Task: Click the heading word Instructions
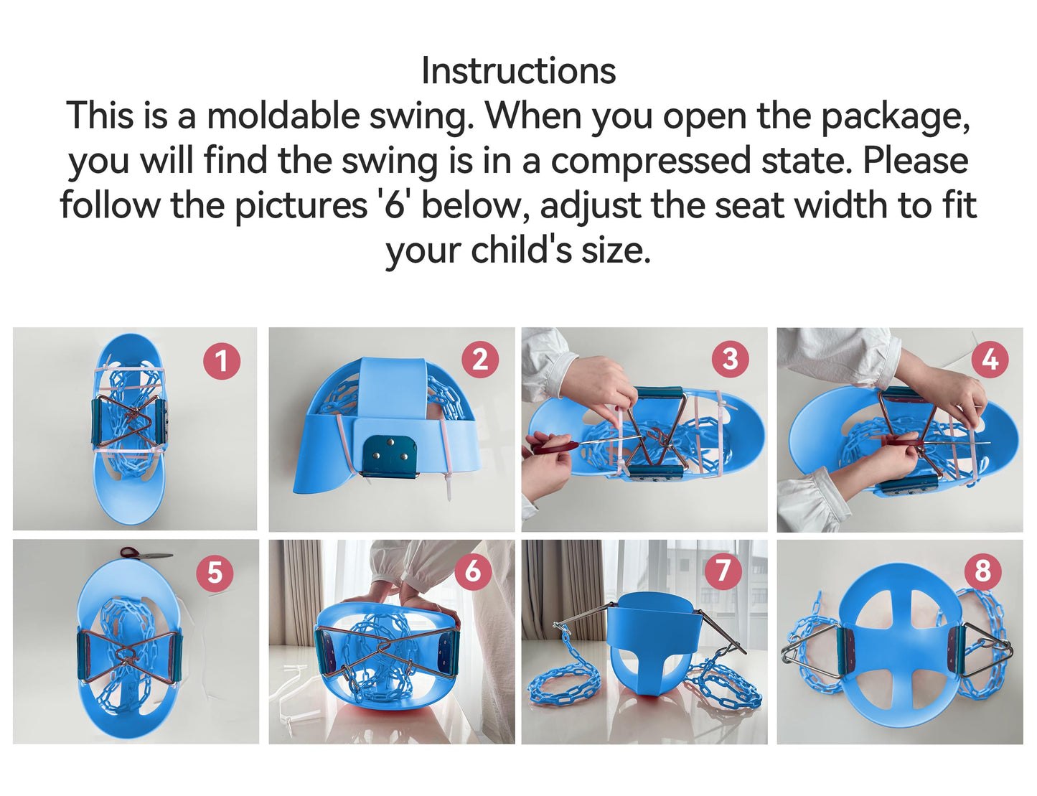[x=518, y=70]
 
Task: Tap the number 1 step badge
[x=222, y=361]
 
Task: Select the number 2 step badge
[x=480, y=360]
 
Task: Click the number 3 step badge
[x=730, y=359]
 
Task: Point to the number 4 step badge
[x=990, y=360]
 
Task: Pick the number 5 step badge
[x=215, y=572]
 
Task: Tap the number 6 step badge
[x=472, y=571]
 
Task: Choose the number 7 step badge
[x=723, y=571]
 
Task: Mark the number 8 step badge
[x=983, y=571]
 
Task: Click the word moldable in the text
[x=283, y=116]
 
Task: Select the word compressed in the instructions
[x=651, y=161]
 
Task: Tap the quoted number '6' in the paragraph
[x=395, y=205]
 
